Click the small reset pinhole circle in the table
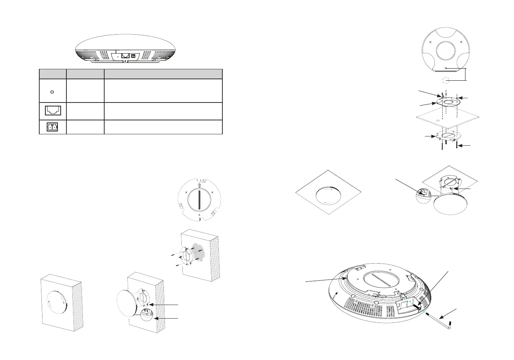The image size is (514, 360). [x=52, y=92]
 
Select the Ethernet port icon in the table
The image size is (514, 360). [x=53, y=111]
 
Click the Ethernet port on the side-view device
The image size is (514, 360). [x=125, y=56]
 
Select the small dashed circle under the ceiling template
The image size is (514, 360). [x=445, y=80]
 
